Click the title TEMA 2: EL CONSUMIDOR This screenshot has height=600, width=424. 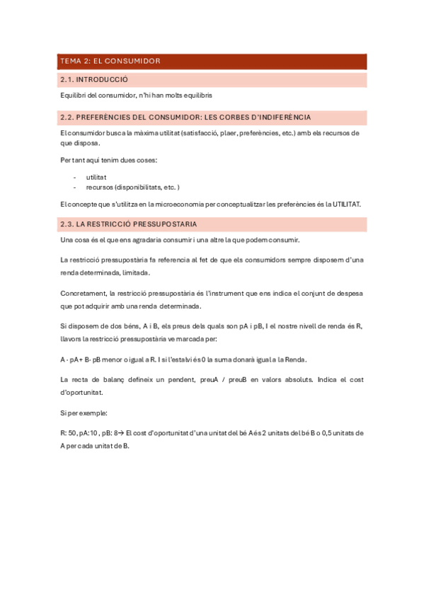110,62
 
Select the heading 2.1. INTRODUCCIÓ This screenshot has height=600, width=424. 94,80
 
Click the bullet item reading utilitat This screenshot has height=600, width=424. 96,177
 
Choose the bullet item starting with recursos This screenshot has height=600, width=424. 132,187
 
